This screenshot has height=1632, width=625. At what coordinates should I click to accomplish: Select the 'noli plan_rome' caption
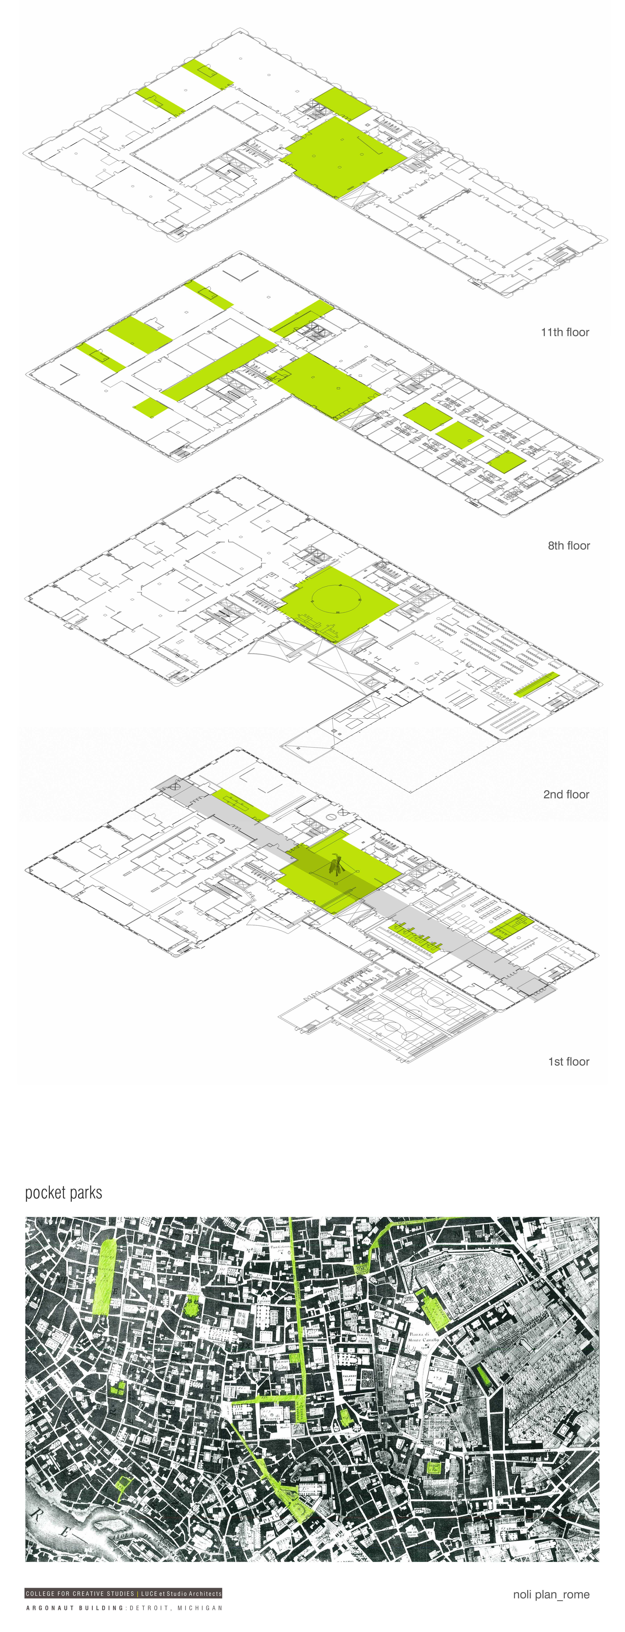(551, 1594)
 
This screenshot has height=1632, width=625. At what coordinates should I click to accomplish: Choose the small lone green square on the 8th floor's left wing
(150, 407)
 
